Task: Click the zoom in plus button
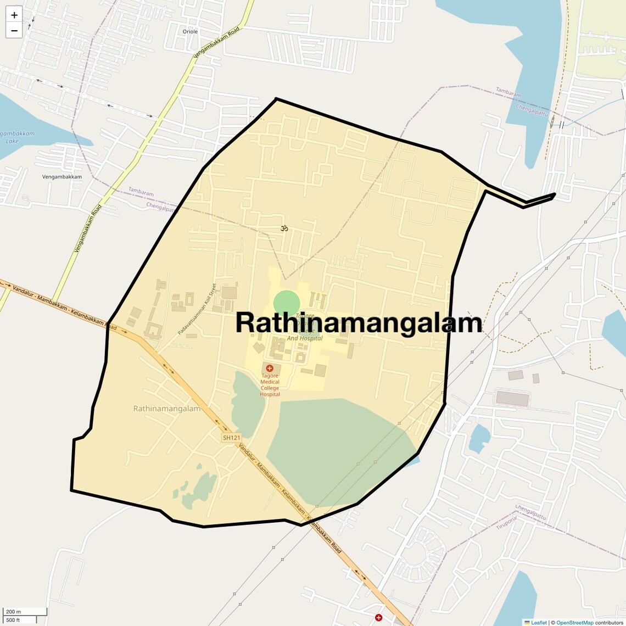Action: [x=14, y=15]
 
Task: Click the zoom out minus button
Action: [x=14, y=30]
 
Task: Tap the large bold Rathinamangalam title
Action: [x=359, y=323]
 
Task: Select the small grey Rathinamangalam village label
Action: [x=167, y=409]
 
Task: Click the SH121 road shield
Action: [x=232, y=438]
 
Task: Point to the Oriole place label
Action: [x=190, y=32]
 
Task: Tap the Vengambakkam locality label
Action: [x=62, y=177]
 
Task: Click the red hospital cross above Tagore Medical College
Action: [x=270, y=368]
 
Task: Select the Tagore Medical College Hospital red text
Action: [x=270, y=385]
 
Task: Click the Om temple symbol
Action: [x=284, y=228]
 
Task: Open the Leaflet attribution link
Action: [x=538, y=622]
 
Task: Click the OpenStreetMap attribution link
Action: [x=574, y=622]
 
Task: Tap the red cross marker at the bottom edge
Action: [x=378, y=618]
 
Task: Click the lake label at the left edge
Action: [x=12, y=137]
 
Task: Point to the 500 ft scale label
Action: [x=13, y=620]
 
